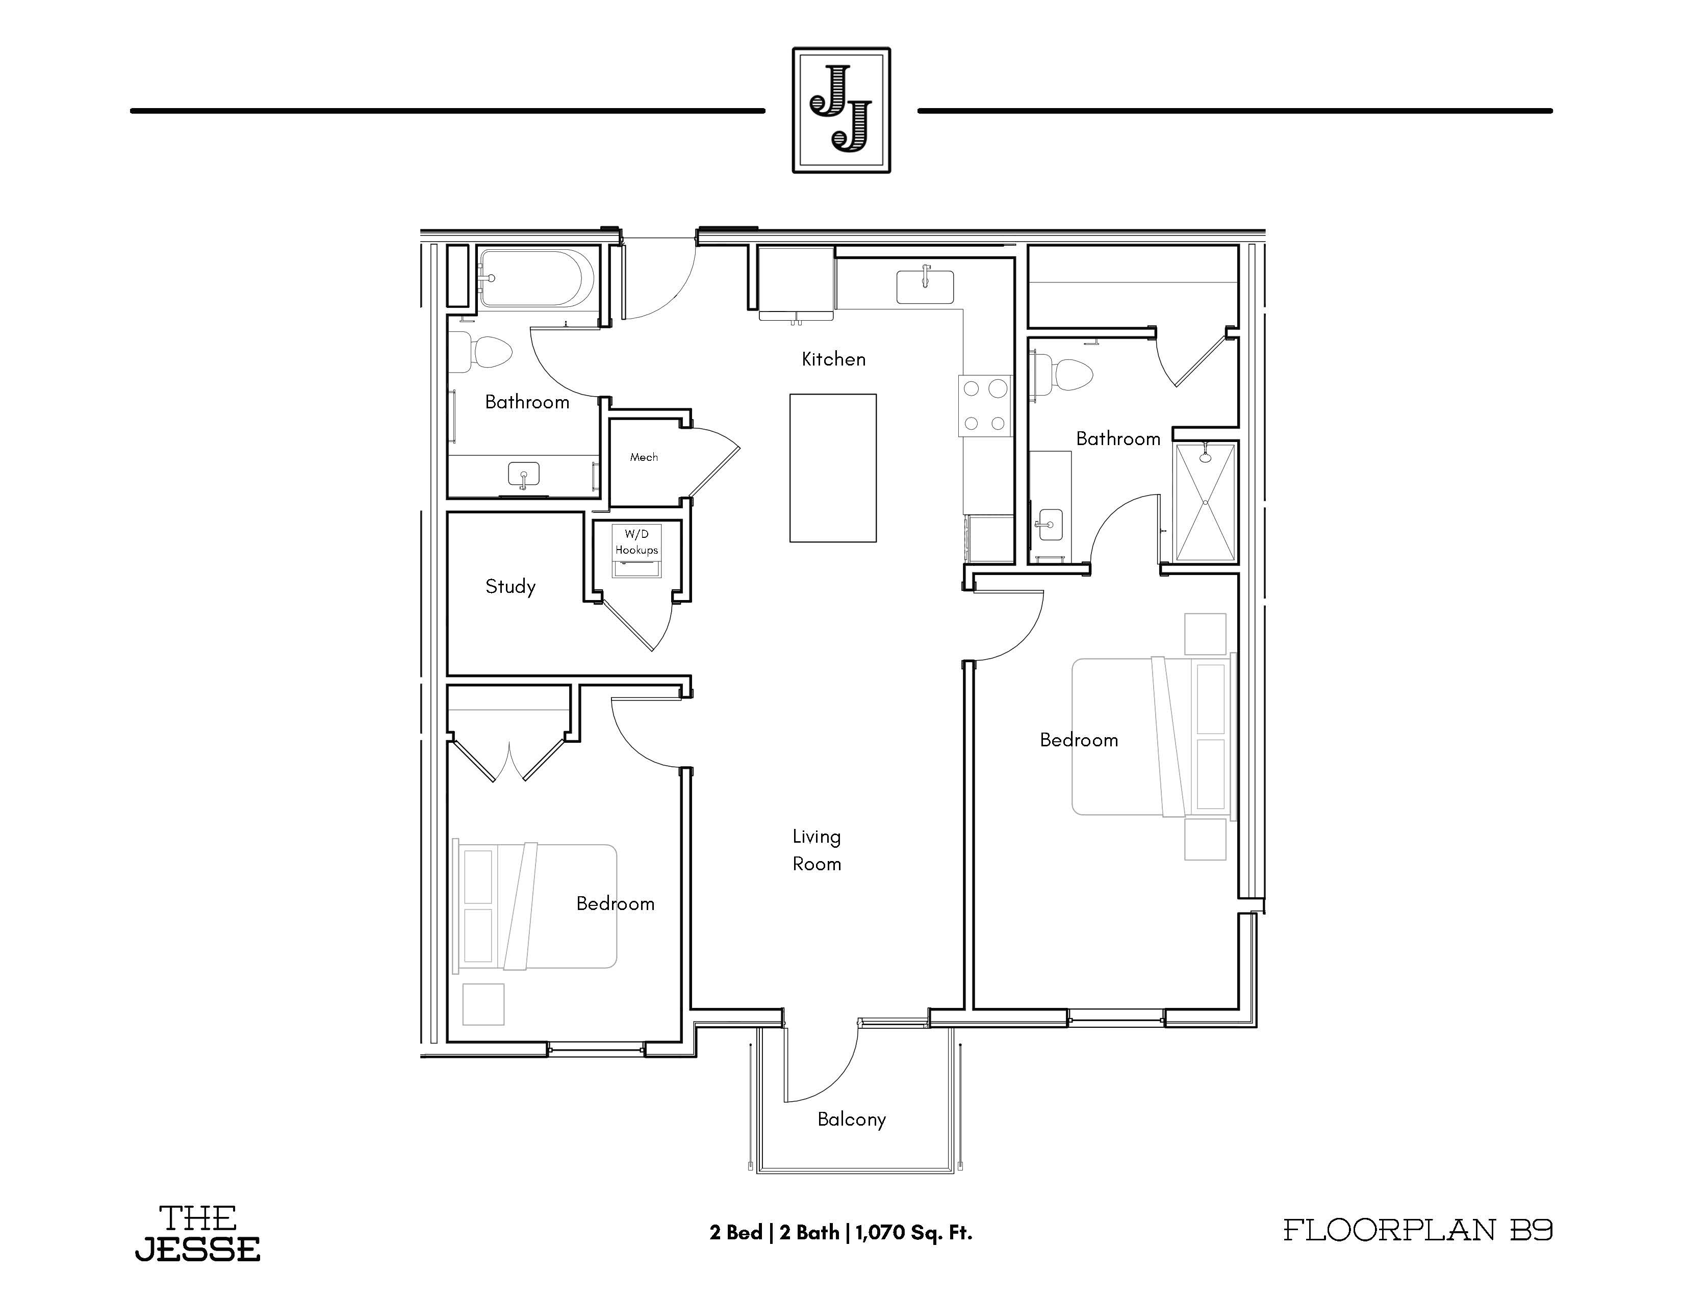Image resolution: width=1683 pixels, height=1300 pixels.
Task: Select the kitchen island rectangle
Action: click(x=832, y=467)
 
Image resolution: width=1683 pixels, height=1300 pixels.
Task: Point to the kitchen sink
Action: click(x=925, y=285)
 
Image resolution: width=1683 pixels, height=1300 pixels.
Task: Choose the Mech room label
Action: click(x=644, y=457)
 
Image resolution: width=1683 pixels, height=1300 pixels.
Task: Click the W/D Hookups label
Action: click(x=636, y=542)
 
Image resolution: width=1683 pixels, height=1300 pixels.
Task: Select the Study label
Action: click(x=510, y=587)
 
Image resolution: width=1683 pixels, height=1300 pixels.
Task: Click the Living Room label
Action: click(x=817, y=850)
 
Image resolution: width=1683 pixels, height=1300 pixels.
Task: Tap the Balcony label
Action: click(x=852, y=1120)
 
